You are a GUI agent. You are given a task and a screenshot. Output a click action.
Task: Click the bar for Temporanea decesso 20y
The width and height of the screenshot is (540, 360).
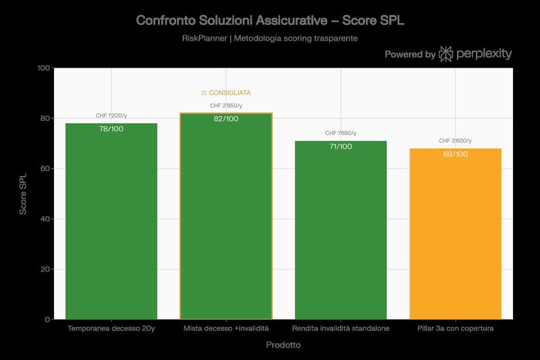pos(111,223)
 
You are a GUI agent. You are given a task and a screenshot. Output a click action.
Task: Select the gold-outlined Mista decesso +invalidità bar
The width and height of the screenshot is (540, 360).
pos(226,223)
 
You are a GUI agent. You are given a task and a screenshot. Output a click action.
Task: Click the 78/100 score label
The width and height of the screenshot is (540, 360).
pos(111,128)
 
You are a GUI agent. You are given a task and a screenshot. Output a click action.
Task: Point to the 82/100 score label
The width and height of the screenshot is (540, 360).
pos(226,119)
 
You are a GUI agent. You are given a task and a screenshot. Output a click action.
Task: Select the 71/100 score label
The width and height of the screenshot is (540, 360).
pos(340,146)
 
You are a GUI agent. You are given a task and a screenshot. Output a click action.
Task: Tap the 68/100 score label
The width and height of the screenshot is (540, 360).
pos(456,154)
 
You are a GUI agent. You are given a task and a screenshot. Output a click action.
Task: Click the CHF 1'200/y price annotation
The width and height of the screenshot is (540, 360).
pos(111,115)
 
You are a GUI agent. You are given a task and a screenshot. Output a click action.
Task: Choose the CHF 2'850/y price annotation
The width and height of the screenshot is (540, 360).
pos(226,105)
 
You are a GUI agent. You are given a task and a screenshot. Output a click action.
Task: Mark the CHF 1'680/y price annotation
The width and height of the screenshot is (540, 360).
pos(340,133)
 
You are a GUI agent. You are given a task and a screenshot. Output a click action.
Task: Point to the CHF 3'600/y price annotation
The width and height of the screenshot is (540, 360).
pos(456,140)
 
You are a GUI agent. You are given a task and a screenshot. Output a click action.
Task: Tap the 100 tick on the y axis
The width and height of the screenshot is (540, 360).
pos(45,68)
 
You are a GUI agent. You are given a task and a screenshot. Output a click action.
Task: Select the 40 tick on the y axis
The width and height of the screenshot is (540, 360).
pos(47,219)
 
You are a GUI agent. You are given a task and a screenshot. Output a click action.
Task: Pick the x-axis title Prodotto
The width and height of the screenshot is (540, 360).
pos(283,344)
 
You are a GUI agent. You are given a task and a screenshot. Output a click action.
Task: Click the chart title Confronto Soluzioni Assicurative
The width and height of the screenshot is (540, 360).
pos(270,20)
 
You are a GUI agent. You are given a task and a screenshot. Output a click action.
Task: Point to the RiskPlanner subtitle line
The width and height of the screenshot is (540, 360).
pos(270,38)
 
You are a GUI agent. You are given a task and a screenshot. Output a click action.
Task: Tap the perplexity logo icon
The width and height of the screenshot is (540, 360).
pos(446,54)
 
